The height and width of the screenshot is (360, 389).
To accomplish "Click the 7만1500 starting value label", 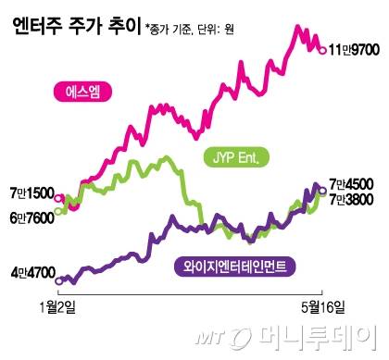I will tap(30, 196).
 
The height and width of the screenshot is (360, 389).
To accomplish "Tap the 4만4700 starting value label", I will tap(31, 274).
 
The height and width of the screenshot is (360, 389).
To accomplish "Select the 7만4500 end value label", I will tap(357, 185).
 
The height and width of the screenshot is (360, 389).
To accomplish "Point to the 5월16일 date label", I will tap(318, 307).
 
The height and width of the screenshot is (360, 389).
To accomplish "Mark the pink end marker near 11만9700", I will tap(321, 53).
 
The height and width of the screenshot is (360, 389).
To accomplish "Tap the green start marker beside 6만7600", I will tap(60, 212).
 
